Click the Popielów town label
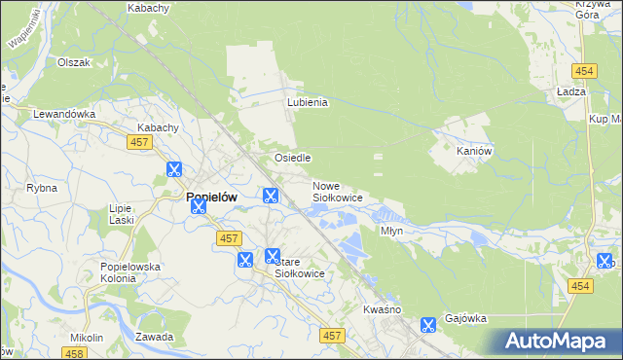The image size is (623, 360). pos(211,196)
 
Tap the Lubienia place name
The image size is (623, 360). pos(307,102)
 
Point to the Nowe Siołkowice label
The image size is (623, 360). pos(338,192)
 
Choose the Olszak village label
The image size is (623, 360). pos(74,62)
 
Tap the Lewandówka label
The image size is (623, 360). pos(64,114)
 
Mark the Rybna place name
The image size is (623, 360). pos(42,188)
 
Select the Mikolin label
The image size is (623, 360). pos(87,338)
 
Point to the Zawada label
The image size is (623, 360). pos(155,337)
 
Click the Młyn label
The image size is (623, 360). pos(391,232)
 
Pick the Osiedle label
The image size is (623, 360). pos(292,158)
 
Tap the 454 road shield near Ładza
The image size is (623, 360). pos(584,72)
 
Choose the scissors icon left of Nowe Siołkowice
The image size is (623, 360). pos(271,196)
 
